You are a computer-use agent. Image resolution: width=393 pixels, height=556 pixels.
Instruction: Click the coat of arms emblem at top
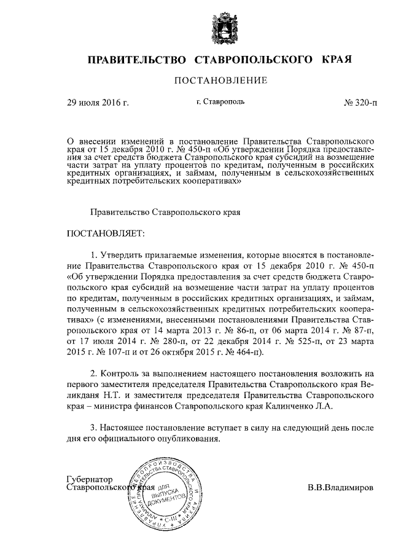(196, 26)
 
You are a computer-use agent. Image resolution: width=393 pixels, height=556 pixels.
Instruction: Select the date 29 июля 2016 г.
(98, 103)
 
